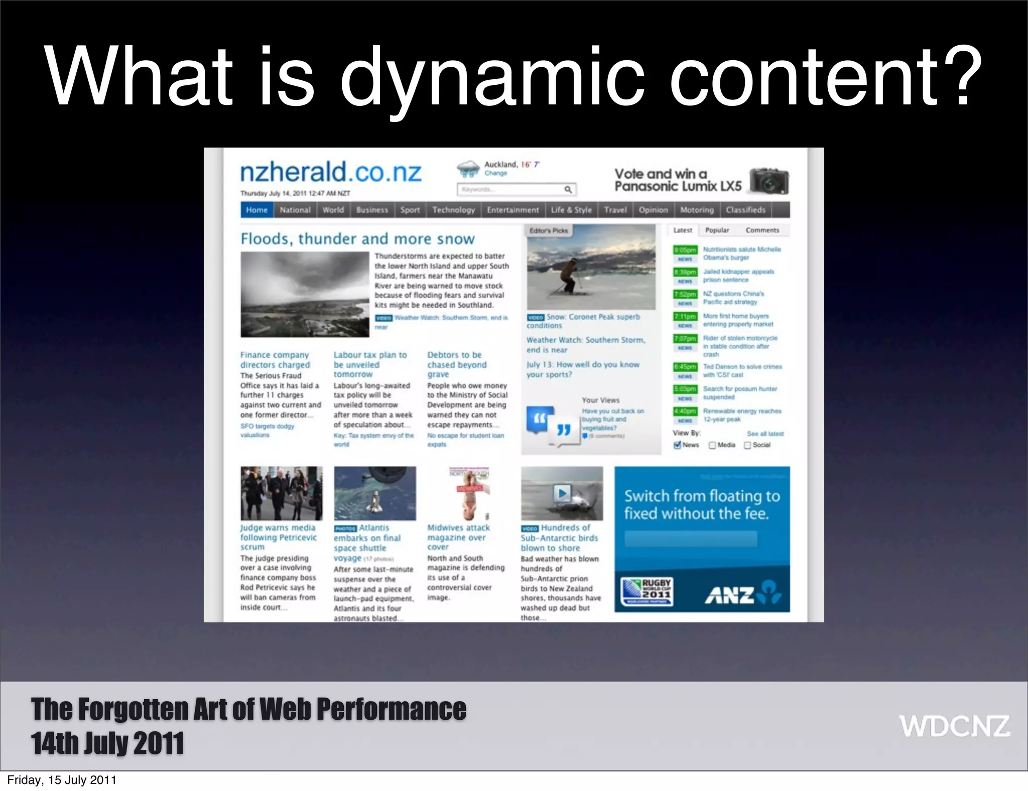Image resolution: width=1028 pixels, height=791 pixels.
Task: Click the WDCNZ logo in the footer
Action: (954, 726)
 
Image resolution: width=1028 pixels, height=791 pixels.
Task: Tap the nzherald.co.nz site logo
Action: (331, 172)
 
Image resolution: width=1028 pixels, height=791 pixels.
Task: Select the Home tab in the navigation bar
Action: (256, 210)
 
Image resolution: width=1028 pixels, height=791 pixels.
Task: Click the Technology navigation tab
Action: (453, 210)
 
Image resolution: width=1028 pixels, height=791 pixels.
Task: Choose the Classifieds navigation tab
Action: (745, 210)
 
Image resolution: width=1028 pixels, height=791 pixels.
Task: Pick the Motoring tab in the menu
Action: (697, 210)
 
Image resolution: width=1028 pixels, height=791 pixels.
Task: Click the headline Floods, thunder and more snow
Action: (357, 238)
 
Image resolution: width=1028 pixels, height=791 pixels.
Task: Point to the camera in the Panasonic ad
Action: (769, 182)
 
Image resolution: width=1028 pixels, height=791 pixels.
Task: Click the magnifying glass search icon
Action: (568, 189)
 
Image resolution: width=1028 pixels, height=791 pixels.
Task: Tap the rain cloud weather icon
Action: (468, 169)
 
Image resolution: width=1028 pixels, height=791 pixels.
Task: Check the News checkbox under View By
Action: (677, 445)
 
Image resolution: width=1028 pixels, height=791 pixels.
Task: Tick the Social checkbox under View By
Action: (747, 445)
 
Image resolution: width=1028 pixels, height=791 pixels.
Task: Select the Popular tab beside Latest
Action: (717, 230)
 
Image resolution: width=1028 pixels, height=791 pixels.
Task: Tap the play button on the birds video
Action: (562, 493)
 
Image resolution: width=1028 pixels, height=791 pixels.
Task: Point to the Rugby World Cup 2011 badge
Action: (647, 592)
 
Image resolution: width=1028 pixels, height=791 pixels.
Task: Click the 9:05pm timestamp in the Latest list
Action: (685, 250)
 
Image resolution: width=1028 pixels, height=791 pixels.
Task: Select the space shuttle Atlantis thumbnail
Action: (375, 493)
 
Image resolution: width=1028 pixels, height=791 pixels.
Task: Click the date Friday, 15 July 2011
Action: (62, 780)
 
